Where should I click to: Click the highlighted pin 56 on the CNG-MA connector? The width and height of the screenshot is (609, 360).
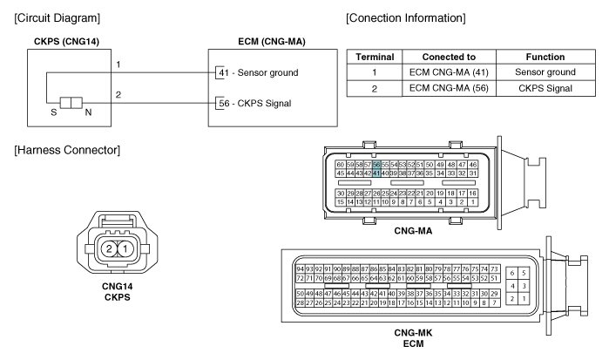point(376,165)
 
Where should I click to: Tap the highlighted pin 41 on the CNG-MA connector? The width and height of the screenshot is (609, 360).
point(376,173)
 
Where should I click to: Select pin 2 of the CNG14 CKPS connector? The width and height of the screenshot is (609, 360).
point(109,248)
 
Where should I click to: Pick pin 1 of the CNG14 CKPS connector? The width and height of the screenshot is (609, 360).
point(125,248)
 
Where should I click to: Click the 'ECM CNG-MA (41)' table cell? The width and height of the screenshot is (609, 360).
point(449,72)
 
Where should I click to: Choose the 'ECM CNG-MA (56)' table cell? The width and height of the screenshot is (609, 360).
point(449,88)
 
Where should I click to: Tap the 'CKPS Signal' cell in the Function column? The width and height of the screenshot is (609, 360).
point(545,88)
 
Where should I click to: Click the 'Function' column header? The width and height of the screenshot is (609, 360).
point(545,57)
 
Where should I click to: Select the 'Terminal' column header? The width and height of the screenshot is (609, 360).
point(375,57)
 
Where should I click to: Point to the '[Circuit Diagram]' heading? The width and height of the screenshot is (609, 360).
point(58,18)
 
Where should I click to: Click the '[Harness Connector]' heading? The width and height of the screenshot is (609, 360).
point(67,150)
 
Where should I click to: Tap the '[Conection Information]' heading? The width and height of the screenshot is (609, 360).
point(405,18)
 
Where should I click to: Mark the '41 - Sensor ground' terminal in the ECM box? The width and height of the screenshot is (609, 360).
point(258,72)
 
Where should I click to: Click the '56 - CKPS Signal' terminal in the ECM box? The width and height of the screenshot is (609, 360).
point(254,104)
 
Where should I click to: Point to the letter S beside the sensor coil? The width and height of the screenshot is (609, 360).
point(54,112)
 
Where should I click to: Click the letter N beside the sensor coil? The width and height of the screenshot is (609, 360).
point(88,112)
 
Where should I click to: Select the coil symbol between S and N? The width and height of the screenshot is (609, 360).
point(71,103)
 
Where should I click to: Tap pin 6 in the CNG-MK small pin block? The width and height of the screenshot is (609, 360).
point(512,273)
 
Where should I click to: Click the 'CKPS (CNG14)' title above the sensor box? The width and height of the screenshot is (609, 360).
point(66,42)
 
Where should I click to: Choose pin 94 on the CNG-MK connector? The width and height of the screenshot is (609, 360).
point(300,269)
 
